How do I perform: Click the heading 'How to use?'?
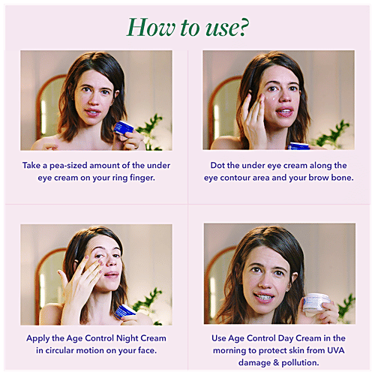[x=188, y=25]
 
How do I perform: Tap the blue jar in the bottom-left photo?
[x=124, y=310]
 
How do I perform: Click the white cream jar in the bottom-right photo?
[x=319, y=304]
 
